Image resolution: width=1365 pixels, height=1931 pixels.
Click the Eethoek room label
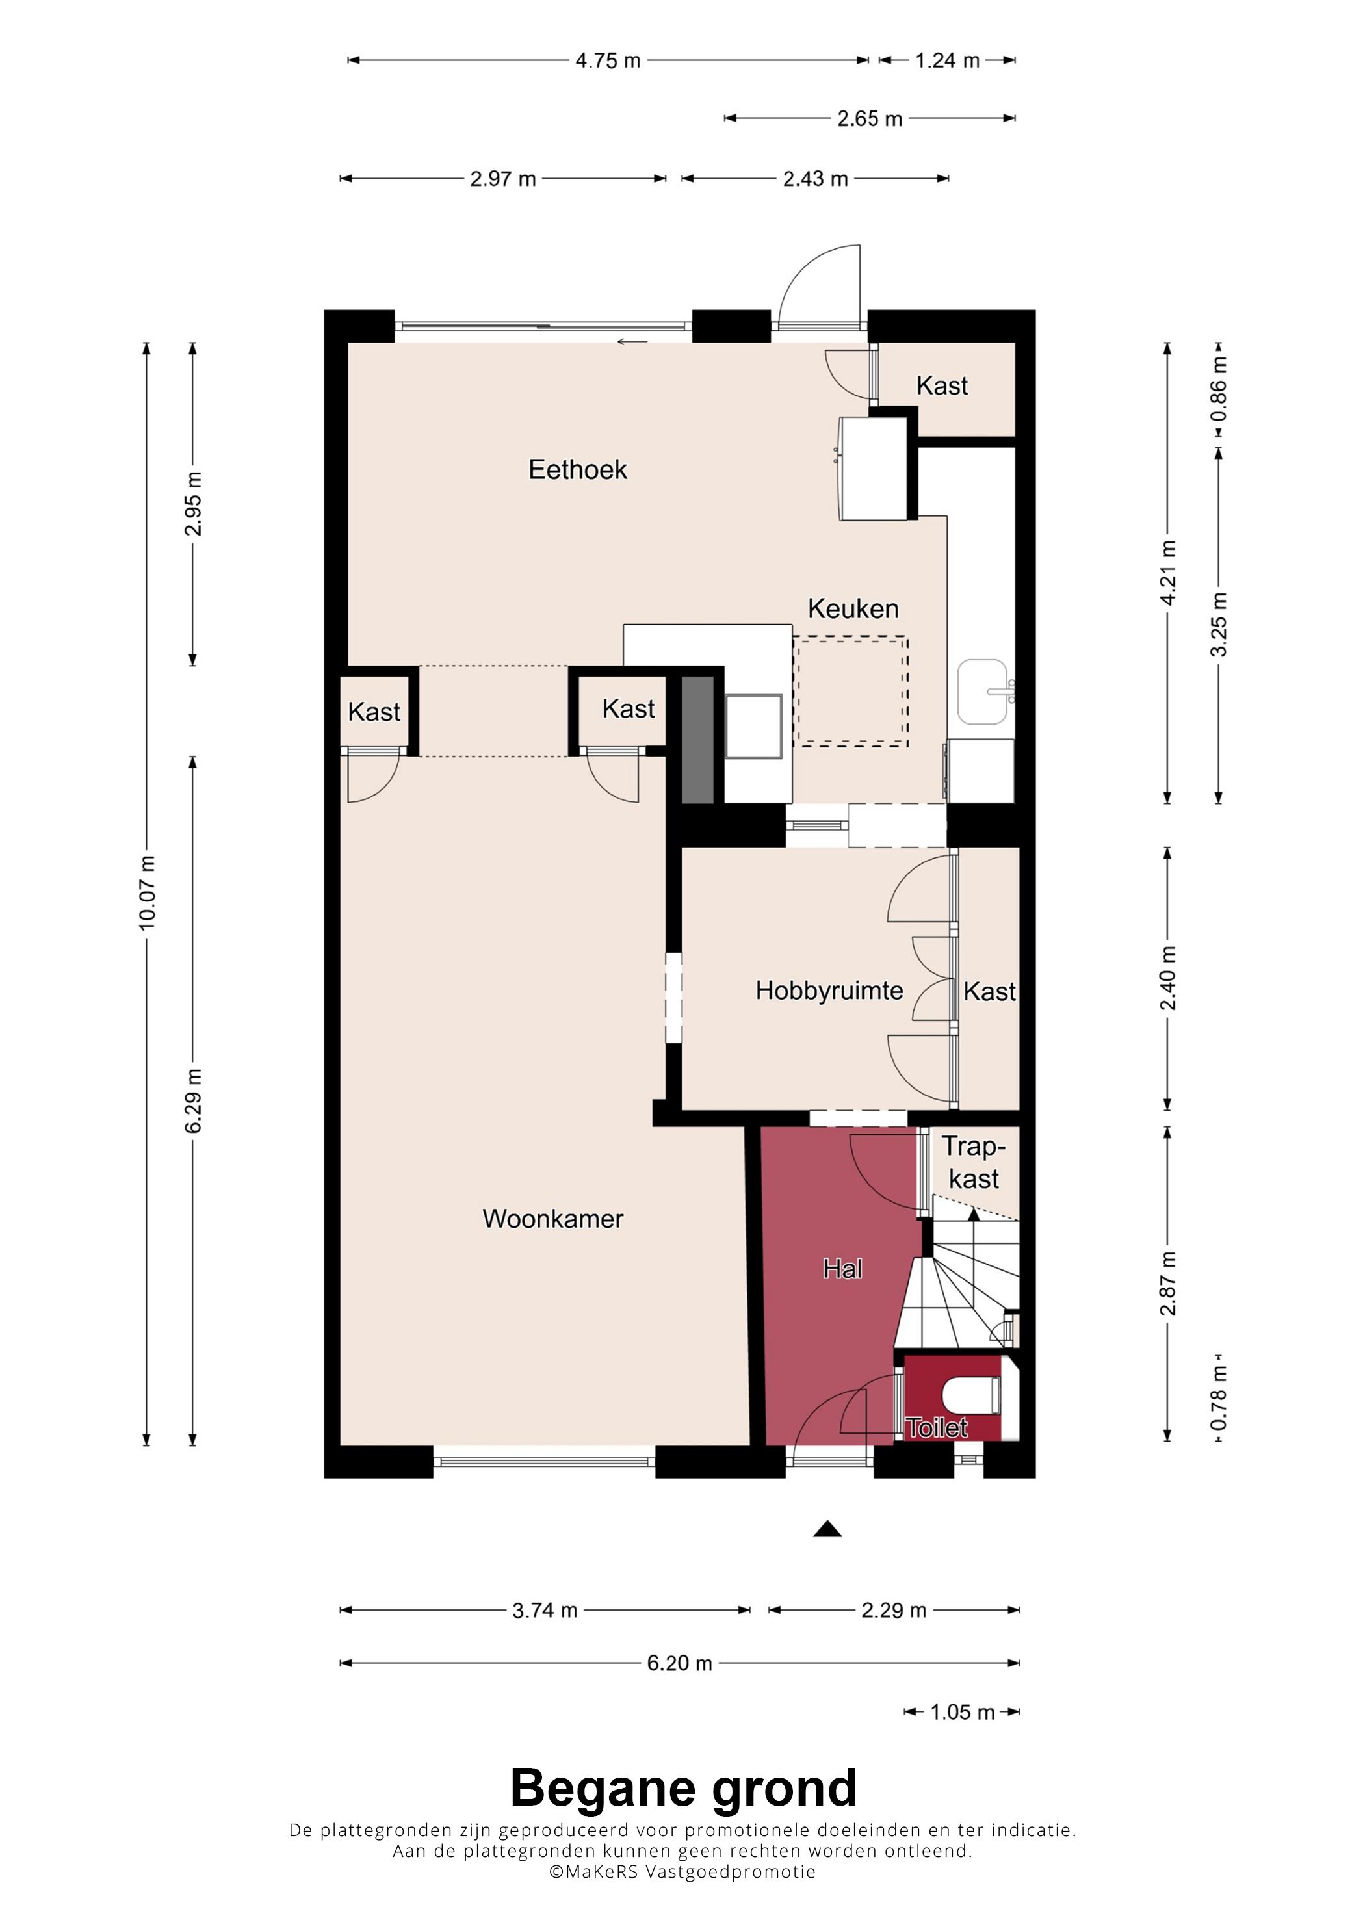[577, 469]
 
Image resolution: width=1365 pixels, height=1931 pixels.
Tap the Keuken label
[853, 608]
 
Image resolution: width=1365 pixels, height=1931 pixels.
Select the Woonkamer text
[552, 1219]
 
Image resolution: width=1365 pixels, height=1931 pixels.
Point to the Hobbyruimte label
[829, 991]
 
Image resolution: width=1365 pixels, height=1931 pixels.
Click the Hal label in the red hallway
[842, 1268]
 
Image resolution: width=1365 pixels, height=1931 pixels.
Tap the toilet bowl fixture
[971, 1396]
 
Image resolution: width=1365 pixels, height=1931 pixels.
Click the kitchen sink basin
[982, 692]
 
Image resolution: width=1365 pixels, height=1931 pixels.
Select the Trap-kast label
[974, 1162]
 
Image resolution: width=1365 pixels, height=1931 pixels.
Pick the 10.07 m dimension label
[147, 893]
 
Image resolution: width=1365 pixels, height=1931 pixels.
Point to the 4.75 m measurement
[608, 60]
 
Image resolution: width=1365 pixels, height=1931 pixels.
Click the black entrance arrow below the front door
[827, 1528]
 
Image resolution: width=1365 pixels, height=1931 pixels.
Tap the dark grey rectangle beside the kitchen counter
[697, 738]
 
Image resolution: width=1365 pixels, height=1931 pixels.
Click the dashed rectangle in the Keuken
[851, 692]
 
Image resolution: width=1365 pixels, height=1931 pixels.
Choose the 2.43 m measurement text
[815, 179]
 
